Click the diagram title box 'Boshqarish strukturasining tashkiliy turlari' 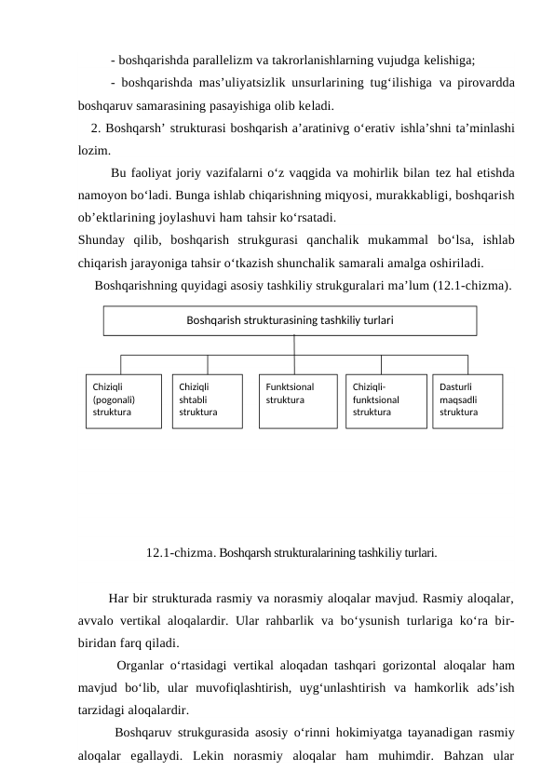coord(289,320)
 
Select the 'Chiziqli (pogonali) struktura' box coord(123,400)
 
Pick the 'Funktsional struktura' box coord(297,400)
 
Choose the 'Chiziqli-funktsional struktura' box coord(386,400)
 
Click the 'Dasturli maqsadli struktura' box coord(467,400)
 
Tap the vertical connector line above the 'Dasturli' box coord(467,364)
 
